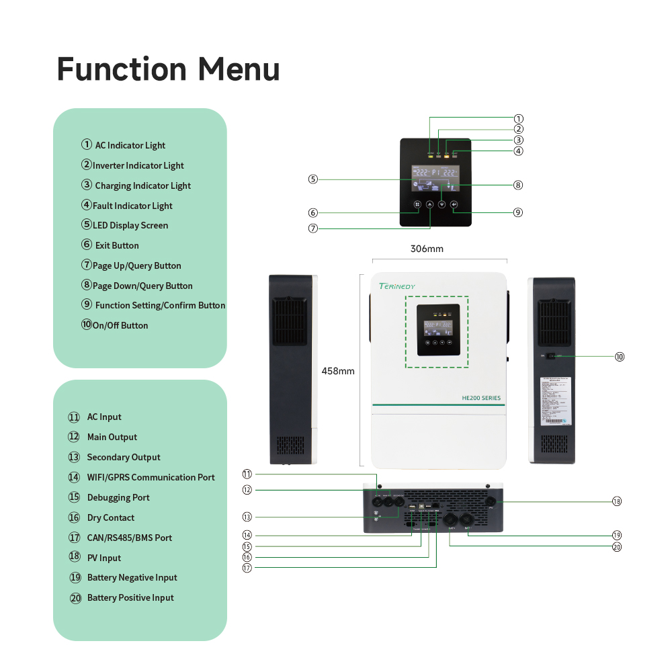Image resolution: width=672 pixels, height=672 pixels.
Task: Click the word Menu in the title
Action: coord(239,70)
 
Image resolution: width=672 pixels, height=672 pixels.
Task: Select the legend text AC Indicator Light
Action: coord(130,145)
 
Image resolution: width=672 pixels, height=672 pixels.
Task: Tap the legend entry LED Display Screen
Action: coord(130,225)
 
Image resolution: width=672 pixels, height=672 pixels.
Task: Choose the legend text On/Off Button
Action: coord(120,325)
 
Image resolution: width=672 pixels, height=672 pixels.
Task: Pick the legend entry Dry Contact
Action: coord(111,517)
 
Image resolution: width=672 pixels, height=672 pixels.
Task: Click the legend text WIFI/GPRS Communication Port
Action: coord(151,477)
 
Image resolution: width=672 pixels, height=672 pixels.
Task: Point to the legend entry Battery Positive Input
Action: coord(130,597)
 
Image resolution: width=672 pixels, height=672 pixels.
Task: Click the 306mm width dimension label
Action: coord(427,249)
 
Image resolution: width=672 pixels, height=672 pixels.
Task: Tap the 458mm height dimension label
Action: coord(338,371)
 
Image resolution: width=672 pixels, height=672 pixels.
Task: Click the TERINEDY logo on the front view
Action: coord(397,286)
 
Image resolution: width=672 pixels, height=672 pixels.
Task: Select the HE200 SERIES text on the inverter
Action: coord(481,398)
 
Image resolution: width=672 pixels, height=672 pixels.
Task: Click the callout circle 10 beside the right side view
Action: coord(620,357)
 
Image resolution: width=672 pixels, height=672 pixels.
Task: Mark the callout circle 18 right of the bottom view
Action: coord(617,501)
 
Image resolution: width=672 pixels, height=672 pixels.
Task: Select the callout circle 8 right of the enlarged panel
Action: coord(518,185)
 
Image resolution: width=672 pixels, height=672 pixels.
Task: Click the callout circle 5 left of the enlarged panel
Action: coord(313,179)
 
